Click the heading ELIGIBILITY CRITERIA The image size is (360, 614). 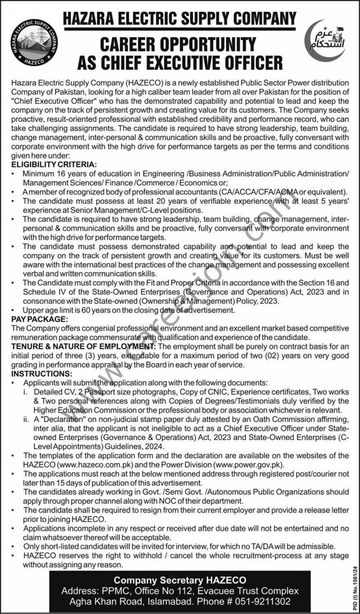[53, 165]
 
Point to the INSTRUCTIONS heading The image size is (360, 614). [42, 374]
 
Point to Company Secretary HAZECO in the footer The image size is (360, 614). [180, 581]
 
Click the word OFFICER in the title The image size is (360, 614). [249, 62]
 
